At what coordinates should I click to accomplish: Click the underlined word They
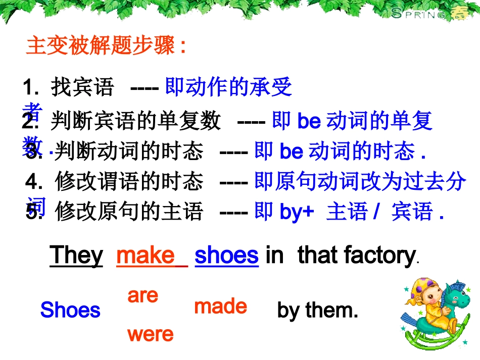tap(76, 255)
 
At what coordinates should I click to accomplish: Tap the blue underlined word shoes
tap(226, 255)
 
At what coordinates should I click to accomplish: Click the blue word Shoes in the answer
tap(70, 310)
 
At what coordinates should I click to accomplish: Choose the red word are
tap(143, 295)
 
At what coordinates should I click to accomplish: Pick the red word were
tap(150, 334)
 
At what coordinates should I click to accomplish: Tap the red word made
tap(220, 306)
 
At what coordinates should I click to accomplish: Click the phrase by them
tap(317, 310)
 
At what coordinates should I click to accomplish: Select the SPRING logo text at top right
tap(418, 14)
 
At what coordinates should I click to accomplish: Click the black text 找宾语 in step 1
tap(82, 88)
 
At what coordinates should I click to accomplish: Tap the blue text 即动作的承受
tap(229, 88)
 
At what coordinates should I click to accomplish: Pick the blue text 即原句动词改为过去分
tap(360, 182)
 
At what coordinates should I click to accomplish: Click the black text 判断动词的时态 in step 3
tap(129, 151)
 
